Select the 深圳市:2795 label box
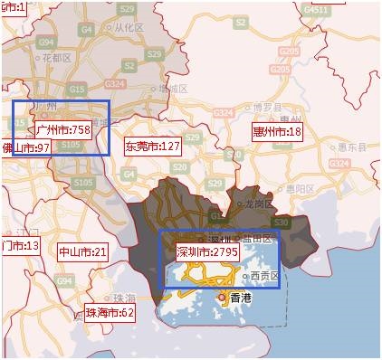(x=206, y=251)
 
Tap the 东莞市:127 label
(x=153, y=146)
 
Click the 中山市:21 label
(x=82, y=251)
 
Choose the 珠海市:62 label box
(x=110, y=313)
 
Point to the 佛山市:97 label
(x=24, y=147)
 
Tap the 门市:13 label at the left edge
(x=20, y=246)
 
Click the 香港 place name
(x=241, y=298)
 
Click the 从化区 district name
(x=129, y=28)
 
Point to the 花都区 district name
(x=57, y=57)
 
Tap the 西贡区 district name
(x=265, y=275)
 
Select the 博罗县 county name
(x=269, y=107)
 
